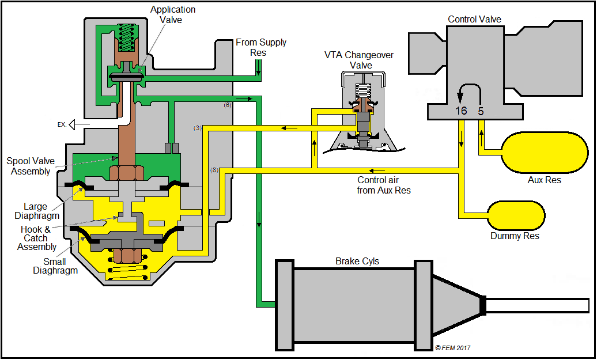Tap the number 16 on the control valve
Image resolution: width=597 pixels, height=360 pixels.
[461, 111]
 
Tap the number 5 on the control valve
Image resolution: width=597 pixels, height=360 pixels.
[481, 111]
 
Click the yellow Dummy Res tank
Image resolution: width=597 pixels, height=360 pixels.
[516, 214]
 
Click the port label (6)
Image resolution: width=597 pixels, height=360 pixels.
[228, 105]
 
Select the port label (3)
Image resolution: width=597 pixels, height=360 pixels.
[198, 128]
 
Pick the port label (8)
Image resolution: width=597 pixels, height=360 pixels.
[214, 170]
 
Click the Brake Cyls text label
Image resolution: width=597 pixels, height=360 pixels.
[357, 261]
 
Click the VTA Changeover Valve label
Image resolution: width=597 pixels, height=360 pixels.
[360, 60]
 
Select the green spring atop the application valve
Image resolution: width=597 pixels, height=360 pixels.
[126, 37]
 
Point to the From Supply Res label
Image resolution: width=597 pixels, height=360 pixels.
[260, 47]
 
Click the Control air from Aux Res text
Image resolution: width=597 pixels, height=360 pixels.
[384, 185]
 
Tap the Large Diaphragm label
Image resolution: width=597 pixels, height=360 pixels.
[41, 211]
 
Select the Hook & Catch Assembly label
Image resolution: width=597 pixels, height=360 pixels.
[37, 238]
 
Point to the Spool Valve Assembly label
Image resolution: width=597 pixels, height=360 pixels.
[29, 166]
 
